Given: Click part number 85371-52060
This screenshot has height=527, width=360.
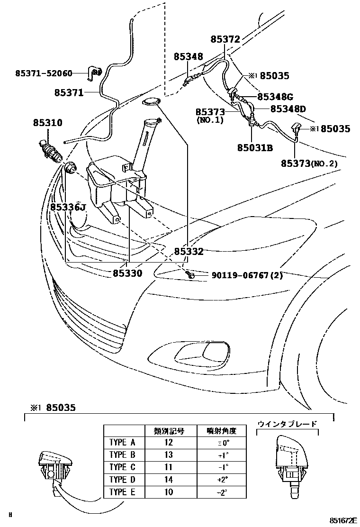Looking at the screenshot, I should tap(44, 73).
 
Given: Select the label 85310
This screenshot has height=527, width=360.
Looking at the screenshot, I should tap(47, 122).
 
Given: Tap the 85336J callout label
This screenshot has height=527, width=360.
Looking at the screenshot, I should tap(68, 207).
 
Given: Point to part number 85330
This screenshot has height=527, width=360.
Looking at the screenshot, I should tap(127, 273).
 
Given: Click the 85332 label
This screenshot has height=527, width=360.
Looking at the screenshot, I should tap(189, 252).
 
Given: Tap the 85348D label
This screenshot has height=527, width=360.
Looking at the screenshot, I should tap(288, 109).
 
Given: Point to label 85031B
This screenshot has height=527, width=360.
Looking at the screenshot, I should tap(255, 147).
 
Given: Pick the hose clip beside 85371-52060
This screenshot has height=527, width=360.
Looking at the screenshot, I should tap(95, 73).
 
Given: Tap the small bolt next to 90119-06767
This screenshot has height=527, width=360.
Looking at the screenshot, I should tap(189, 274).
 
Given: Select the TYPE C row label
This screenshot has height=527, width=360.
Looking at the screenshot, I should tap(122, 467).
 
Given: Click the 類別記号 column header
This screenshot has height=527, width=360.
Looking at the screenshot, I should tap(169, 431).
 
